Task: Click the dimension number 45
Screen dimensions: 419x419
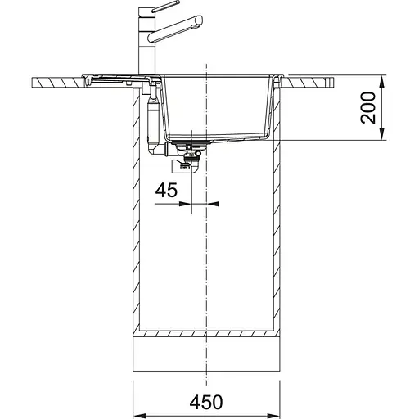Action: (x=166, y=191)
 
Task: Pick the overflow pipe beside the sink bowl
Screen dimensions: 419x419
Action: (x=151, y=115)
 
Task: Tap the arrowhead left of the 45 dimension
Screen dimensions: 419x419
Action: (x=184, y=205)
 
